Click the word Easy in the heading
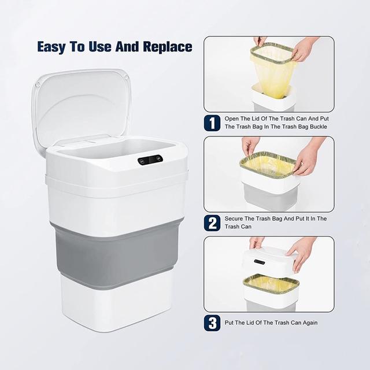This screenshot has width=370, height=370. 51,47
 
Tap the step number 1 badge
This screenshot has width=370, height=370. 212,123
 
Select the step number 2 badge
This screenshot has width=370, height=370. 212,223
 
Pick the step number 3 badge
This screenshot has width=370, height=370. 212,323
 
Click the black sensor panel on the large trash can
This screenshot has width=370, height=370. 150,160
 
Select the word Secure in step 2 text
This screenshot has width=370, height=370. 234,219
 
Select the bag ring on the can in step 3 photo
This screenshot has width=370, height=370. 271,283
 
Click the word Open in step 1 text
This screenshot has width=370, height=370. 232,119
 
